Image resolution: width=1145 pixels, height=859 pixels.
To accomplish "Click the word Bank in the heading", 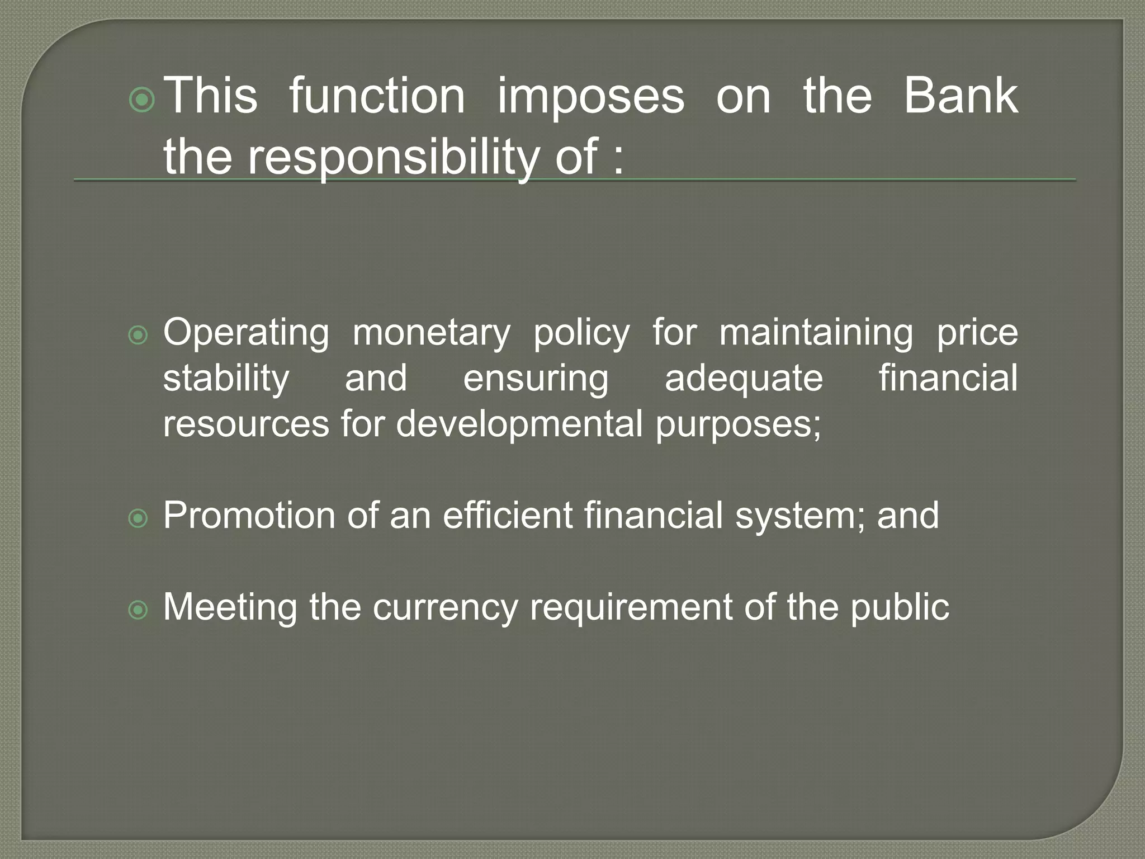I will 961,96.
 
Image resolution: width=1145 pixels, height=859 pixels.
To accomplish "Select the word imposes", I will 590,96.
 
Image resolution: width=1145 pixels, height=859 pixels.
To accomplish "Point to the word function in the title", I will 377,96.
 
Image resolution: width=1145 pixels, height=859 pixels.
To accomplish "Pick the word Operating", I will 246,333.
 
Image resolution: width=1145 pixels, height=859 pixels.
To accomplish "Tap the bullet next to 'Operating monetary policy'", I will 138,336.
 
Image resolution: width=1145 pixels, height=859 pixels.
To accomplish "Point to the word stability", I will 226,379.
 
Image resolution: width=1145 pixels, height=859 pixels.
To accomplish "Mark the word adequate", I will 744,379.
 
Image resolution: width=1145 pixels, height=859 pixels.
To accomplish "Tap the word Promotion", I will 249,516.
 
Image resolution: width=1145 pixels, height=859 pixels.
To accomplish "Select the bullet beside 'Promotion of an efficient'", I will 138,519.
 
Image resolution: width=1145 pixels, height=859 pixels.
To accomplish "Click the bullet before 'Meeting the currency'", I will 138,610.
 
